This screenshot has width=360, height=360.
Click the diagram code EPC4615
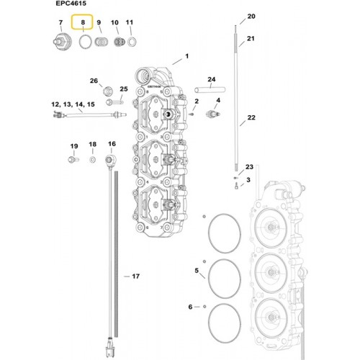click(x=71, y=4)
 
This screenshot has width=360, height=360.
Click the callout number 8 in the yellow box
click(x=83, y=22)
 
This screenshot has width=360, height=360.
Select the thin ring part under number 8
click(x=85, y=42)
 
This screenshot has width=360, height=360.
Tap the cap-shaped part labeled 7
click(x=62, y=42)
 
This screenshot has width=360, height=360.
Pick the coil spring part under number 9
click(x=102, y=42)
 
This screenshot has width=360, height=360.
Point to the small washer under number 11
click(x=132, y=42)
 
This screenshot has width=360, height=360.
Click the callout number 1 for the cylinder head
click(x=186, y=56)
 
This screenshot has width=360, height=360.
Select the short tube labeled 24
click(x=210, y=90)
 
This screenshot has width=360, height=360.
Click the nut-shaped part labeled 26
click(x=108, y=91)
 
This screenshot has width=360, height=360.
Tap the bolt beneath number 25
click(x=114, y=102)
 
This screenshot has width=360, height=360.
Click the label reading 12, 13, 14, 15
click(x=73, y=104)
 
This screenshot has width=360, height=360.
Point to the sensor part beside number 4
click(x=213, y=114)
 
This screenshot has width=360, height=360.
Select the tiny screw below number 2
click(x=192, y=114)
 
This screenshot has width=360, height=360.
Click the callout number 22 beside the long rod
click(x=251, y=117)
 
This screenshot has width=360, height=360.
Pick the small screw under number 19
click(x=73, y=159)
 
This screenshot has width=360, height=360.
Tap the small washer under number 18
click(x=93, y=159)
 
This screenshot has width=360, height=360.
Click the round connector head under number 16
click(x=111, y=159)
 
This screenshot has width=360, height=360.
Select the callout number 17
click(x=136, y=276)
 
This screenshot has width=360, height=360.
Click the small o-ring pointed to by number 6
click(x=204, y=307)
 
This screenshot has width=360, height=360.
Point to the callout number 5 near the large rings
click(x=197, y=271)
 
